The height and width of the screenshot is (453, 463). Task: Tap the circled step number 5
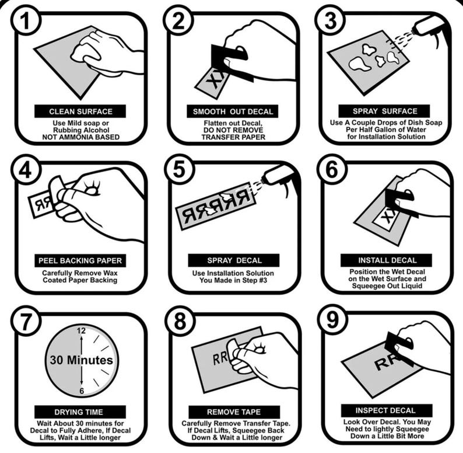coord(176,170)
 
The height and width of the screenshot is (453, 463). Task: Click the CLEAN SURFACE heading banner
coord(80,111)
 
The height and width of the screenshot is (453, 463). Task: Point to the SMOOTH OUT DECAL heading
coord(233,111)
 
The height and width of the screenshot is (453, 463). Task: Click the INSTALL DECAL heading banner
coord(387,260)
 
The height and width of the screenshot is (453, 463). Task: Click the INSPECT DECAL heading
coord(387,410)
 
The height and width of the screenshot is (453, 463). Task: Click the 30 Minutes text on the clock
coord(80,360)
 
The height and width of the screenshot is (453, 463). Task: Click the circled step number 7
coord(23,323)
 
